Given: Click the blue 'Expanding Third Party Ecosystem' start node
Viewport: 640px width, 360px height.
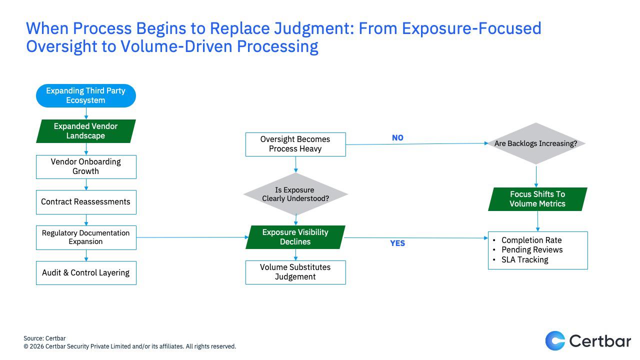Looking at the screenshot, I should [85, 95].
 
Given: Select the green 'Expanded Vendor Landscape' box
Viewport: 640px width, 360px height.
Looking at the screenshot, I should [85, 131].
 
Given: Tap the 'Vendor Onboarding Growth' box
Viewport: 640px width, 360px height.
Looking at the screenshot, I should [85, 166].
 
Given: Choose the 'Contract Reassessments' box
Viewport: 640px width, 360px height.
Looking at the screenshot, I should [85, 202].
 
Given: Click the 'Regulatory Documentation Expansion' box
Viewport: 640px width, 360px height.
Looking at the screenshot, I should [85, 237].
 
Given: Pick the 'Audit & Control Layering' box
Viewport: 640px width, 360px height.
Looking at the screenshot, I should [85, 272].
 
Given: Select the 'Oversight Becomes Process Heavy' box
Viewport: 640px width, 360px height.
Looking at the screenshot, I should [295, 144].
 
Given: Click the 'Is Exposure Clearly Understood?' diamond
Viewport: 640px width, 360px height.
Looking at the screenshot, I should [295, 194].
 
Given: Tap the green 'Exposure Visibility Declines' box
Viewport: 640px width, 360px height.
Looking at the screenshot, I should [295, 237].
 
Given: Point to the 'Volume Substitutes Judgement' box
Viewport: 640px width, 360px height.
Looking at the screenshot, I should [295, 272].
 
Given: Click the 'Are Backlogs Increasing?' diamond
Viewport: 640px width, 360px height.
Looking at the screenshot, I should [535, 143].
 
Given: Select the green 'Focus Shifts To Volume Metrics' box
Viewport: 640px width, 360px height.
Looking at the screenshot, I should [537, 199].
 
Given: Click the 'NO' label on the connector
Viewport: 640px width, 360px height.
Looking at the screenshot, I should [397, 138].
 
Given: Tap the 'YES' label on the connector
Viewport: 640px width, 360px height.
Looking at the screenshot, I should [397, 243].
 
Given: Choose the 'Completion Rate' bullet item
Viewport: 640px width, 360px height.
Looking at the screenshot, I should [531, 240].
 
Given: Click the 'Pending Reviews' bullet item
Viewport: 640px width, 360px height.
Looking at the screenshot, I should [532, 249].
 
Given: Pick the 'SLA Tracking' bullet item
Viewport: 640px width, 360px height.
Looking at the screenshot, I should [524, 259].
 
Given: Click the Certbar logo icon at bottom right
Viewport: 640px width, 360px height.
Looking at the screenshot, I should [555, 341].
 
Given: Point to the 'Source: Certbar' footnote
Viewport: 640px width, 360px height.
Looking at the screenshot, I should [44, 338].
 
